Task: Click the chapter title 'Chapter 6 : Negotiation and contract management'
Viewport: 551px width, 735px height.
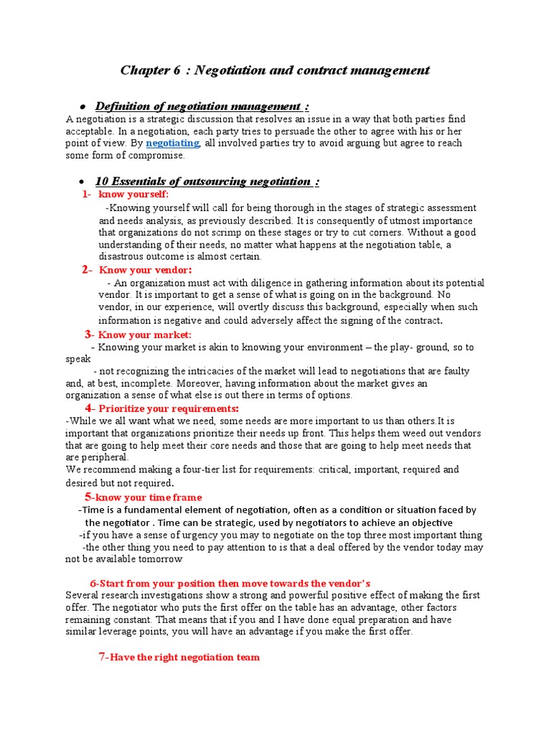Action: point(275,70)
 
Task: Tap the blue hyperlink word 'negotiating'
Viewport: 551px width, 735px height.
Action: point(172,143)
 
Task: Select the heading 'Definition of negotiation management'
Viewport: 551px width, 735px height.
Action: point(202,106)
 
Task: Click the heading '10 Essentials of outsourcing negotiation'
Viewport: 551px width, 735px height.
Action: point(207,181)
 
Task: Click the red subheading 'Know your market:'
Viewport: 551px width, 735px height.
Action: point(144,334)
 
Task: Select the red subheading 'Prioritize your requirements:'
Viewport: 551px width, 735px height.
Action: point(169,408)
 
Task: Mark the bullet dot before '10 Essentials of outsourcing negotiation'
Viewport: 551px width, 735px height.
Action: point(83,182)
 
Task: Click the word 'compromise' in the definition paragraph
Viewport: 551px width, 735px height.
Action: point(159,155)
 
